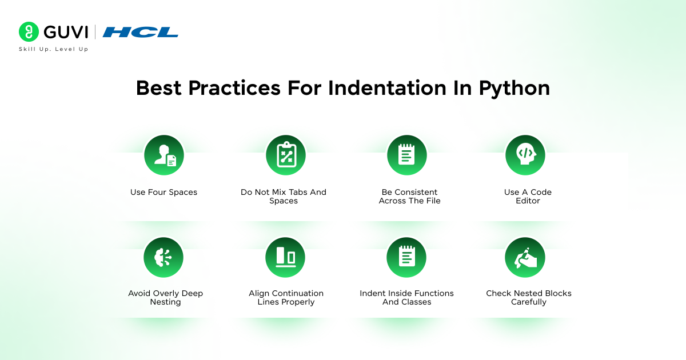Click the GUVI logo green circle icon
click(x=28, y=32)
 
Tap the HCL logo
click(x=140, y=32)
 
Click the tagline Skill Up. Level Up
click(x=54, y=49)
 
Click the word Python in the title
click(x=514, y=88)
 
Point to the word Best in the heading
click(x=158, y=88)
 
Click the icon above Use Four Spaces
click(x=164, y=155)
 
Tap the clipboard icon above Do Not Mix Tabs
click(x=286, y=155)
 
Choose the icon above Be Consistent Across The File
click(x=407, y=155)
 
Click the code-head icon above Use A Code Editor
click(x=525, y=155)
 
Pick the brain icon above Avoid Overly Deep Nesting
click(x=163, y=258)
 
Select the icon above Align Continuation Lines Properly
click(x=285, y=258)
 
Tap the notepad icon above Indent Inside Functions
click(x=407, y=258)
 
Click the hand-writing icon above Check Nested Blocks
click(x=525, y=258)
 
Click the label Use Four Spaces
click(x=163, y=193)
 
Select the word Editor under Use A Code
click(x=528, y=201)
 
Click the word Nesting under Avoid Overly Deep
click(x=165, y=302)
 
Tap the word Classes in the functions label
click(x=416, y=302)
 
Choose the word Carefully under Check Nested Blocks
click(x=529, y=302)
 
